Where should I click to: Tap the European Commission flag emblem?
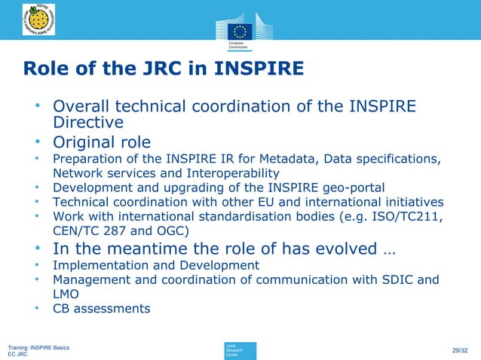[240, 32]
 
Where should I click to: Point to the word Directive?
[88, 122]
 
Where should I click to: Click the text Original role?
[101, 142]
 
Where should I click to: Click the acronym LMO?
[66, 294]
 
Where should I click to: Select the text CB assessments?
[101, 308]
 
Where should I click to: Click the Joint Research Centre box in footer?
[240, 350]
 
